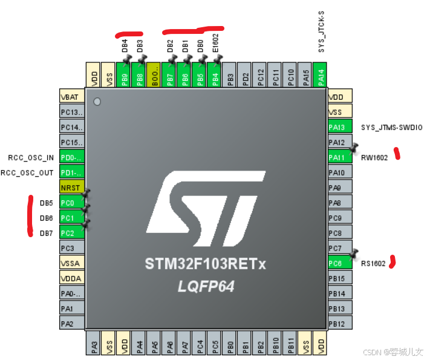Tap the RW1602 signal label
pyautogui.click(x=374, y=158)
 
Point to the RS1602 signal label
pyautogui.click(x=374, y=264)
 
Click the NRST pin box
pyautogui.click(x=71, y=188)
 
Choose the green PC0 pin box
pyautogui.click(x=71, y=203)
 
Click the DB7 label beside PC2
pyautogui.click(x=47, y=233)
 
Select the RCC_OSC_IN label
pyautogui.click(x=31, y=158)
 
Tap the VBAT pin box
pyautogui.click(x=71, y=97)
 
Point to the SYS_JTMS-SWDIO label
pyautogui.click(x=391, y=128)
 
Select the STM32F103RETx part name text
pyautogui.click(x=205, y=264)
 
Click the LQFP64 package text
pyautogui.click(x=206, y=286)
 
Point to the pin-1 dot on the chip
pyautogui.click(x=97, y=102)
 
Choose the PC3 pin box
pyautogui.click(x=71, y=248)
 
